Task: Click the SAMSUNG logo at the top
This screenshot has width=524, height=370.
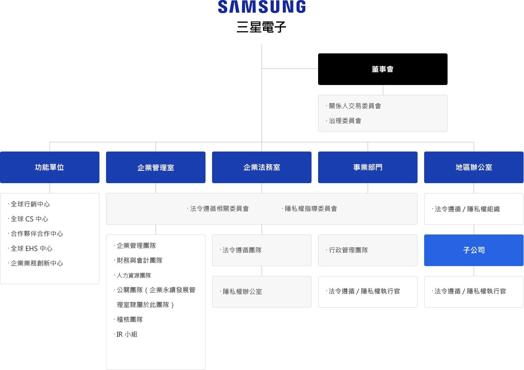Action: pos(261,7)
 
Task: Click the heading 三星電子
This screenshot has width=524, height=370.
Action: pos(261,27)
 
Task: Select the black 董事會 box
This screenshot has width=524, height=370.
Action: pos(383,69)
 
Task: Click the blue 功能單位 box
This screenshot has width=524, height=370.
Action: pos(50,167)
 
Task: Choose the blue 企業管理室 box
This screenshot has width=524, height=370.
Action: pos(156,167)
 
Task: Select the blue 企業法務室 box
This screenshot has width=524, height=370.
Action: pos(261,167)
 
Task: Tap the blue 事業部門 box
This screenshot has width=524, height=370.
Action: pos(367,167)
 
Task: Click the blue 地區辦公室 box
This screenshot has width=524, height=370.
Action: pos(474,167)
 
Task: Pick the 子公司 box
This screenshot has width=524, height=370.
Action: pos(474,250)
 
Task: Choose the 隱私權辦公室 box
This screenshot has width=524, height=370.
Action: pos(261,292)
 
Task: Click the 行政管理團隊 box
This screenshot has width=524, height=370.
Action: pos(367,250)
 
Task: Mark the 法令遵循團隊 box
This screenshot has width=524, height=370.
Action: pos(261,250)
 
